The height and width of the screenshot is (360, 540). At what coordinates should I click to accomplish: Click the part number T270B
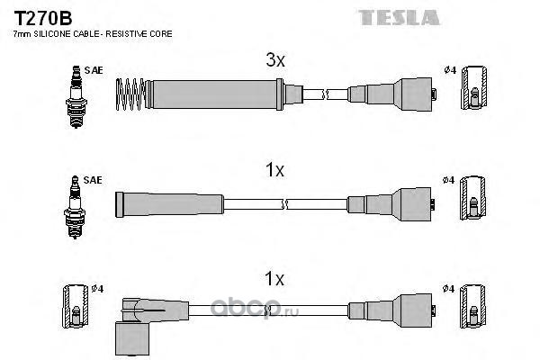[x=43, y=18]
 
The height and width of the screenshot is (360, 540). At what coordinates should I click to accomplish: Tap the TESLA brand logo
[x=399, y=18]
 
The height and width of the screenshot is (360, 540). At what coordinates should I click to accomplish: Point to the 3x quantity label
[x=275, y=60]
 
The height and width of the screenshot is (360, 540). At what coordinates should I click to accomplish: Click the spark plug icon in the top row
[x=76, y=97]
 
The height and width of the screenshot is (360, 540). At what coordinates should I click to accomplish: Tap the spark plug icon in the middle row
[x=75, y=207]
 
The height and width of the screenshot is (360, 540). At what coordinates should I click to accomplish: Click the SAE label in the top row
[x=94, y=70]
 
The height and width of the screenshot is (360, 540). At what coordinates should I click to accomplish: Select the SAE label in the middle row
[x=93, y=180]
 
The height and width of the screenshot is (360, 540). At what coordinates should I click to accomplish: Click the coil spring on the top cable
[x=130, y=94]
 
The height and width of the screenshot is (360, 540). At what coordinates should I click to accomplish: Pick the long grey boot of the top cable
[x=214, y=94]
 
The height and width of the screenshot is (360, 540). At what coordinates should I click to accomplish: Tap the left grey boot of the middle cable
[x=169, y=204]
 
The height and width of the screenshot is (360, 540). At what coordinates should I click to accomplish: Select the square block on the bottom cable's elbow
[x=132, y=338]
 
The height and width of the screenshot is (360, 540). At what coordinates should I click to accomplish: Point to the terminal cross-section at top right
[x=474, y=87]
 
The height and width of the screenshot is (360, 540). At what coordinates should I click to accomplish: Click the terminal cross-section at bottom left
[x=76, y=306]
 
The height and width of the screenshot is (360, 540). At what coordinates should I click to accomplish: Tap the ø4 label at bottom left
[x=98, y=289]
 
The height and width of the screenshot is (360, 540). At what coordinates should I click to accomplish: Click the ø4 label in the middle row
[x=449, y=180]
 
